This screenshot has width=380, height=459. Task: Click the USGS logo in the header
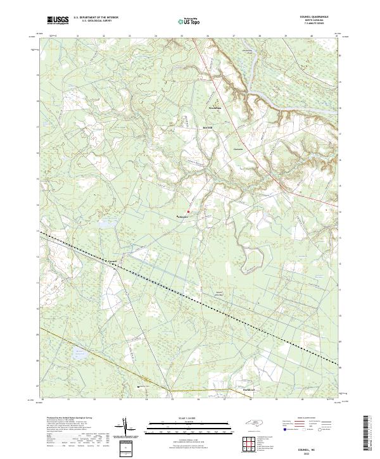coord(58,20)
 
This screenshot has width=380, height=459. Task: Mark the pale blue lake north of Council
coord(105,224)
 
